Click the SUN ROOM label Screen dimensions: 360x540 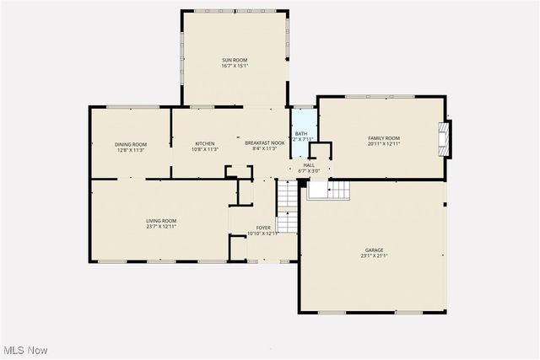coord(235,61)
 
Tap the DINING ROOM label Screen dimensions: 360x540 coord(131,144)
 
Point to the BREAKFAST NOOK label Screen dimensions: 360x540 coord(265,144)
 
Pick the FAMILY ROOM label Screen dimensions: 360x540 coord(383,138)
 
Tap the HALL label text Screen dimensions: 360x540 coord(309,165)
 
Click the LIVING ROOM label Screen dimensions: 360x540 coord(161,221)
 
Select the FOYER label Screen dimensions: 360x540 coord(264,228)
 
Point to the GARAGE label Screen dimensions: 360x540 coord(374,250)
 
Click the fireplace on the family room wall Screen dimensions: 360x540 coord(444,139)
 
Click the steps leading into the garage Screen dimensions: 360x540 coord(327,191)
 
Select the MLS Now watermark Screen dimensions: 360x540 coord(24,350)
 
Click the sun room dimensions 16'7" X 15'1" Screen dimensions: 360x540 coord(235,67)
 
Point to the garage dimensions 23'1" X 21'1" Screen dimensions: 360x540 coord(374,255)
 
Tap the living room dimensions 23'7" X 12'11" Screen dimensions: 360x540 coord(161,227)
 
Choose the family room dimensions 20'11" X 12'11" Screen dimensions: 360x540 coord(383,144)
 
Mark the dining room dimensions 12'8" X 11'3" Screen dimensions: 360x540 coord(131,150)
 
